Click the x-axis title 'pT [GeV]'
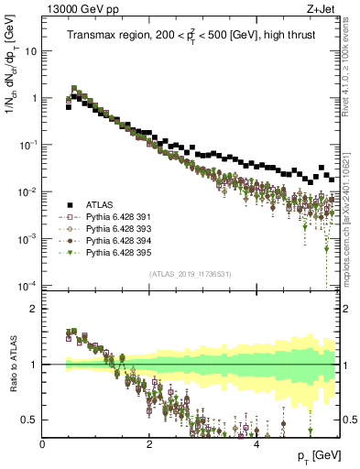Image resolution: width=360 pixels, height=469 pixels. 316,457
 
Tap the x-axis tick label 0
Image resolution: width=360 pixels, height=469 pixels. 42,445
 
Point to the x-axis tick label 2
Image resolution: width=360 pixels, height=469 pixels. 149,445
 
